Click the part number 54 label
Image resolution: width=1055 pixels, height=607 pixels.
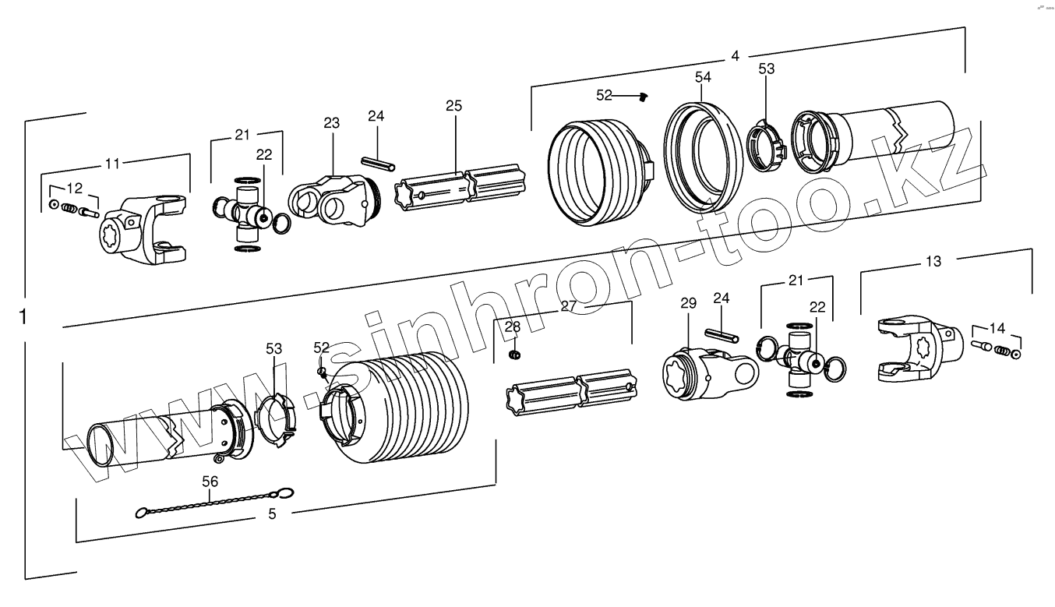point(703,77)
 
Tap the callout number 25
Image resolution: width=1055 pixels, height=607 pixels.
point(454,105)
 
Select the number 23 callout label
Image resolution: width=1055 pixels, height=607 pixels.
point(332,122)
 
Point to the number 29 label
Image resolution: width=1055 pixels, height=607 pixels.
point(688,303)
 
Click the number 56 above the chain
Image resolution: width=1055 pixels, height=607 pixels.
point(210,482)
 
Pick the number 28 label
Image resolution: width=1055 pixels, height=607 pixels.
point(512,326)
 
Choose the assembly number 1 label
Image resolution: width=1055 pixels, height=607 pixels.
point(23,317)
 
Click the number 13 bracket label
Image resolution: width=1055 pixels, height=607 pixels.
point(933,262)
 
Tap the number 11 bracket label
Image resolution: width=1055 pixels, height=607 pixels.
point(113,164)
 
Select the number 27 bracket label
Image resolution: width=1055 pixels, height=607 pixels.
point(569,306)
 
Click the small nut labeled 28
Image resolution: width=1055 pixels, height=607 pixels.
point(513,355)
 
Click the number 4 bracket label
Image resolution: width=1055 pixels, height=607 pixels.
point(735,56)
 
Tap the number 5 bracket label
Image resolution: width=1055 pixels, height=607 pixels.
point(272,513)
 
